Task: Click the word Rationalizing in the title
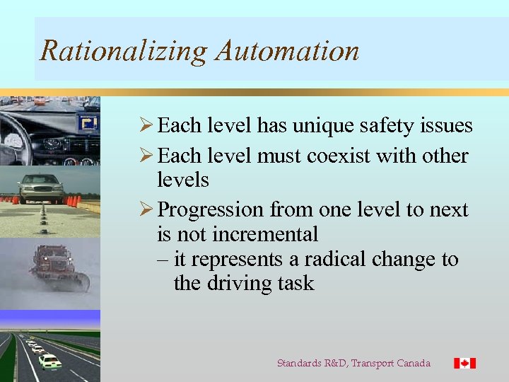point(123,51)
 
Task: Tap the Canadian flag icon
point(464,363)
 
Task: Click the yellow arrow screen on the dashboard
point(88,124)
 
